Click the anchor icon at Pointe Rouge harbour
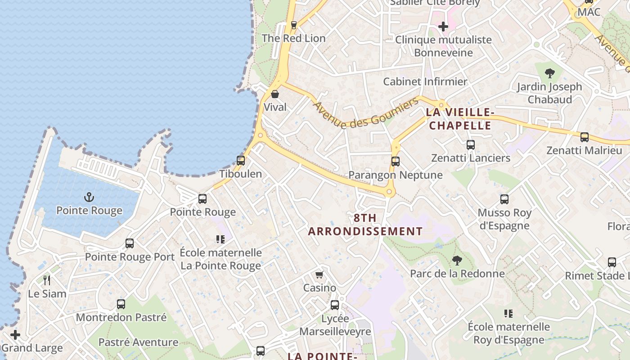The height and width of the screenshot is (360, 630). (x=89, y=197)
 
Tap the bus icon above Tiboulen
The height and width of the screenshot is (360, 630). (x=241, y=160)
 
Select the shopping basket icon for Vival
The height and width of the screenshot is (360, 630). (x=275, y=94)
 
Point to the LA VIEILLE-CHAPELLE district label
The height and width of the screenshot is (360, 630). (x=460, y=119)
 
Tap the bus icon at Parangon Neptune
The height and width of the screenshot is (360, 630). (x=396, y=161)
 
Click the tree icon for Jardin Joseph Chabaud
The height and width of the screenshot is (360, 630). (x=549, y=73)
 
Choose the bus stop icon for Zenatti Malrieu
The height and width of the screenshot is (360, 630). (x=585, y=137)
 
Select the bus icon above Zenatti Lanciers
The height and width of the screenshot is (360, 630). (x=471, y=145)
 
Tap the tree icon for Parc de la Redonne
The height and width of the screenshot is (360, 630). (x=457, y=260)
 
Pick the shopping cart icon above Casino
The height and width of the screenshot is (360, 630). (x=319, y=274)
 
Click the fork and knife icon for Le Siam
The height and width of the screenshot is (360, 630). (x=47, y=280)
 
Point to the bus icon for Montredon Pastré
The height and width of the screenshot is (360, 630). (x=121, y=304)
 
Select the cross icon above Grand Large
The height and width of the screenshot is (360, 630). (x=15, y=335)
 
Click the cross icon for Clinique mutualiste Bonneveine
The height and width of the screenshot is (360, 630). (x=443, y=27)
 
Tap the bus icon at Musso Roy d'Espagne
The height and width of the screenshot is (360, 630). (x=504, y=199)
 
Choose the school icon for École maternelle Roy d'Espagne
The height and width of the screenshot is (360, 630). (x=508, y=314)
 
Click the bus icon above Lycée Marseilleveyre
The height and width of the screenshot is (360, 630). (x=335, y=305)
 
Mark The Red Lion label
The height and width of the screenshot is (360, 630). (x=293, y=38)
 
